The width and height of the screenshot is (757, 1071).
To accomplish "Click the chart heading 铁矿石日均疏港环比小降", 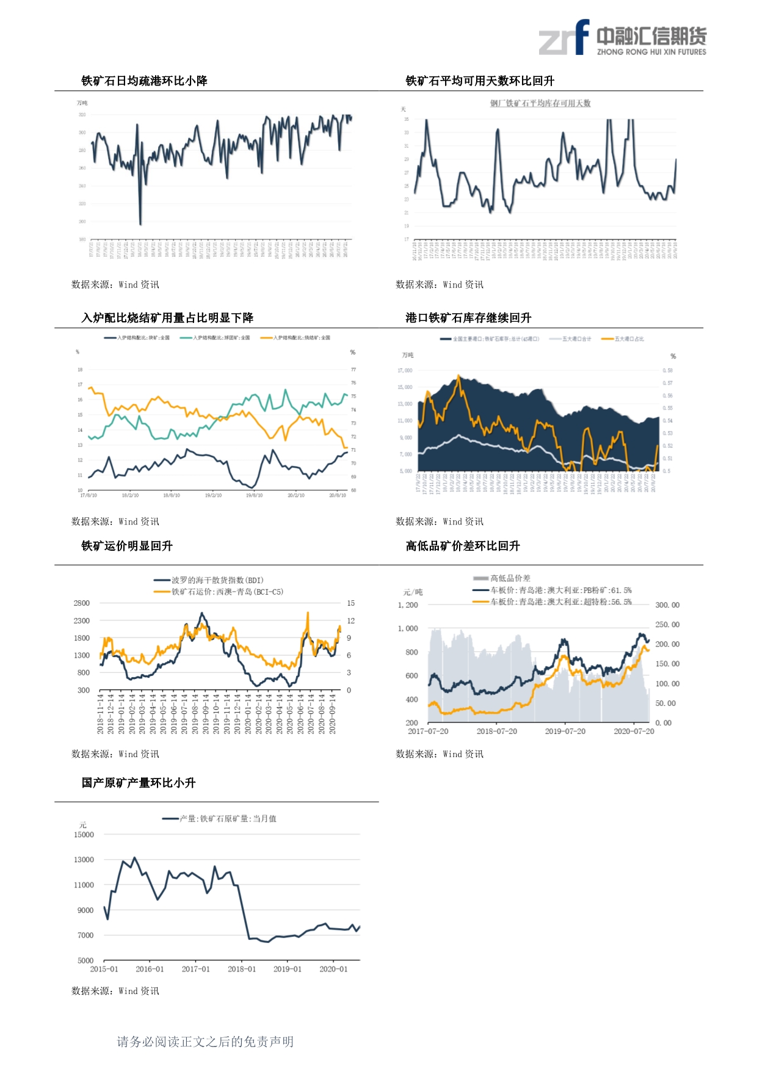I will tap(145, 81).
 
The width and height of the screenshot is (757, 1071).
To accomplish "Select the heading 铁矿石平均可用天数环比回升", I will tap(480, 81).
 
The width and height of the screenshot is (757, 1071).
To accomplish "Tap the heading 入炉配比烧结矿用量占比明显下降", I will tap(167, 318).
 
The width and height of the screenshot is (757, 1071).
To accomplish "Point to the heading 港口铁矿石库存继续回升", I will tap(468, 318).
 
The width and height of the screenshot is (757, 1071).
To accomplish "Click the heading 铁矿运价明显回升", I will tap(127, 546).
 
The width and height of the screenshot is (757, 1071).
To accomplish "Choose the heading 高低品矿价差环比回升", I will tap(463, 546).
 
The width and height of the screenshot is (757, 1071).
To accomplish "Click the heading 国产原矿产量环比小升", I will tap(139, 783).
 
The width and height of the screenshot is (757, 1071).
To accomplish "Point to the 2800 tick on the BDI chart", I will tap(82, 603).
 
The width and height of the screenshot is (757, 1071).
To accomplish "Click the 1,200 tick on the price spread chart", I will tap(408, 605).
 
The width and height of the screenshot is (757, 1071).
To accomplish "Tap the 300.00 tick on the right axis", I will tap(667, 605).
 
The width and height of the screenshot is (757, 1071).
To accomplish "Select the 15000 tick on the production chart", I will tap(84, 835).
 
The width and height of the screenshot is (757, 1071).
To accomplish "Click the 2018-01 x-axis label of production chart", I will tap(242, 969).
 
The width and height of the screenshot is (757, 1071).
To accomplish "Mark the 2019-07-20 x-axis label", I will tap(565, 732).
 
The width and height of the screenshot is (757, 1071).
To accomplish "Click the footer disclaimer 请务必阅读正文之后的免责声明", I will tap(205, 1042).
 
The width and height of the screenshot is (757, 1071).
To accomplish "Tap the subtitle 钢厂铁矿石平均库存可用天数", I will tap(540, 103).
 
